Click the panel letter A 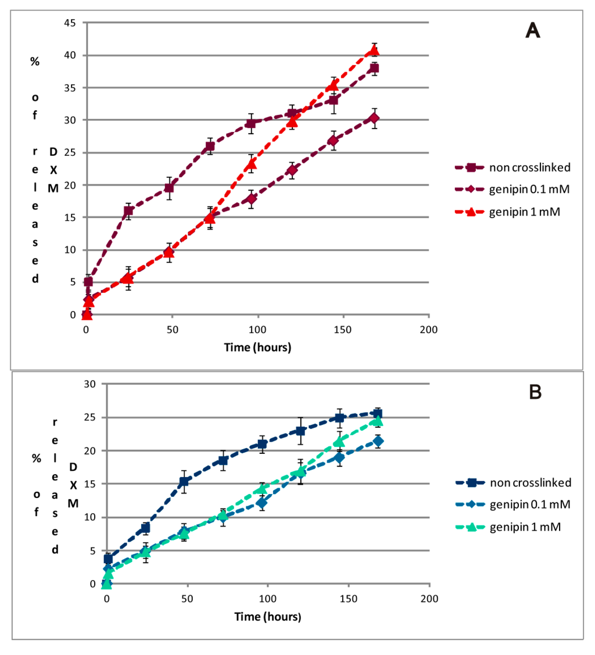[533, 30]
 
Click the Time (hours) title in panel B [268, 616]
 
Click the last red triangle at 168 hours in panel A [375, 50]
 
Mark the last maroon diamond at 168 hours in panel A [374, 119]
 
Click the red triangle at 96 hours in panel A [251, 164]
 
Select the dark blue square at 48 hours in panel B [184, 481]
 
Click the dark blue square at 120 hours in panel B [300, 431]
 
